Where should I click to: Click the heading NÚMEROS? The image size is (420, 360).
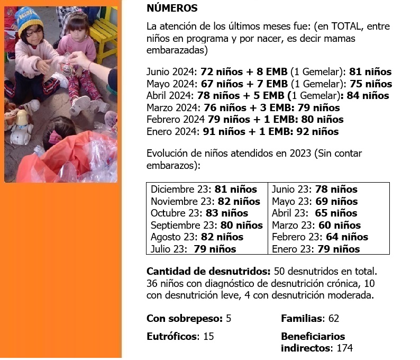point(172,8)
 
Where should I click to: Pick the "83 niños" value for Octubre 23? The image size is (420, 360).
point(226,213)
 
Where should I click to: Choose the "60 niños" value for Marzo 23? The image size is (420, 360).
point(339,225)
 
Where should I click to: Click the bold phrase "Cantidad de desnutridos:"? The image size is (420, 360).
point(208,272)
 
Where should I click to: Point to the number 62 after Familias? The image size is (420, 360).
point(333,319)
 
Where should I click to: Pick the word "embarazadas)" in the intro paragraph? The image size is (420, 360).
point(177,51)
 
